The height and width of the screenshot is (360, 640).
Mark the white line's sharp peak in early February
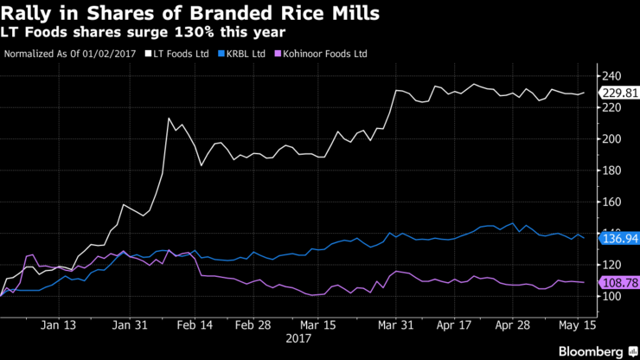tap(169, 119)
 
